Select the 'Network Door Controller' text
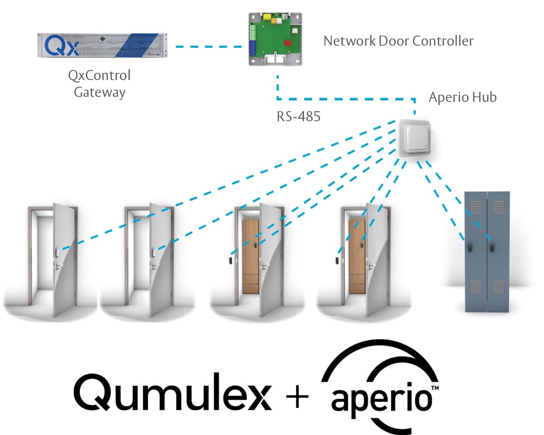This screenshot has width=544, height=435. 399,41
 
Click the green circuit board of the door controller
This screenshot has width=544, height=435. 272,33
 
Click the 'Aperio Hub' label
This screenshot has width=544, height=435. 462,98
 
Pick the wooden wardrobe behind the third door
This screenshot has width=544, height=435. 251,255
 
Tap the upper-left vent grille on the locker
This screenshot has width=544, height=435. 475,206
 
